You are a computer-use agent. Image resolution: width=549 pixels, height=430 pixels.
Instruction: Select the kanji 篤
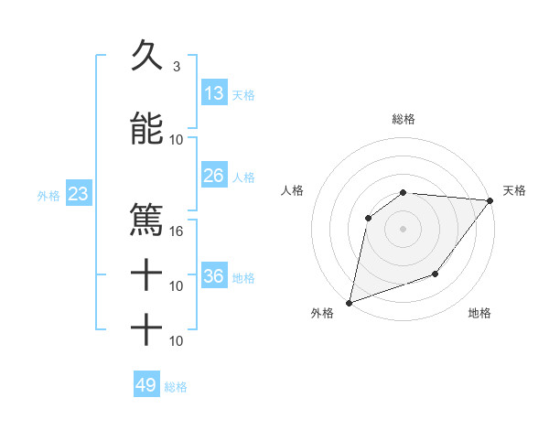coord(146,220)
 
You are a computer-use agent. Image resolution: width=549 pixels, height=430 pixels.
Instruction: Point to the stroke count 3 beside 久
coord(176,67)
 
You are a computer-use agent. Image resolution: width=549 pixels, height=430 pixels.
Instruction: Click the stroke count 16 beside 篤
coord(178,231)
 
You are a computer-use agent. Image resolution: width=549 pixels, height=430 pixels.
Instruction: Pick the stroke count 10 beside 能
coord(178,140)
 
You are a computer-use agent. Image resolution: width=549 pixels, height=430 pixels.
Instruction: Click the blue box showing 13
coord(214,93)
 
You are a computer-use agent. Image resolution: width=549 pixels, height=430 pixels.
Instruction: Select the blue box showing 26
coord(214,176)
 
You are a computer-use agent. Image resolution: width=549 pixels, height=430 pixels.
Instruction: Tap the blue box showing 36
coord(214,276)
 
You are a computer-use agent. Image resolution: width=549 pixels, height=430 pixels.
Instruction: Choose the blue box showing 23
coord(77,194)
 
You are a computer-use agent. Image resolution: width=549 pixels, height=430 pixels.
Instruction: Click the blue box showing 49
coord(146,385)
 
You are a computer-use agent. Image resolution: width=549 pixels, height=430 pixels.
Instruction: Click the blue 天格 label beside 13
coord(243,95)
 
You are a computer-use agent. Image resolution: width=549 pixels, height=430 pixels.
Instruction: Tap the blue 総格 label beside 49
coord(176,387)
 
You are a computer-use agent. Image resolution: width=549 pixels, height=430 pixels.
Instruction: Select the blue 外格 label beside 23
coord(48,195)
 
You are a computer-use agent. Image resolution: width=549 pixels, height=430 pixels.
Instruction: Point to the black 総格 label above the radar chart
coord(404,119)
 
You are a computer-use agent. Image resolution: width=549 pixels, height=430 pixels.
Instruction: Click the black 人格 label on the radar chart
coord(293,190)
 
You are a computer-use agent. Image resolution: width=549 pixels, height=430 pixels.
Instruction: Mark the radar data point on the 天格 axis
coord(490,201)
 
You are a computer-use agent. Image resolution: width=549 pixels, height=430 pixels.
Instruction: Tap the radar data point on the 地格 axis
coord(436,274)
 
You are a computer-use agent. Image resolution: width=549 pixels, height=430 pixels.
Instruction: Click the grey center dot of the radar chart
coord(403,228)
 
